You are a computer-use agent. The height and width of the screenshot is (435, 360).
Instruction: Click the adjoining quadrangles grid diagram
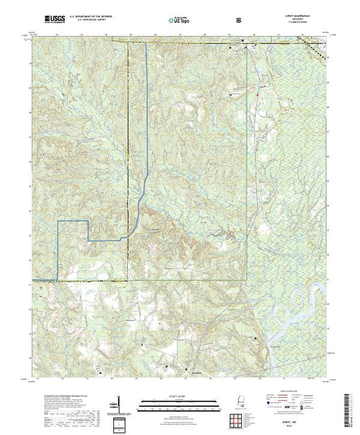point(242,407)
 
